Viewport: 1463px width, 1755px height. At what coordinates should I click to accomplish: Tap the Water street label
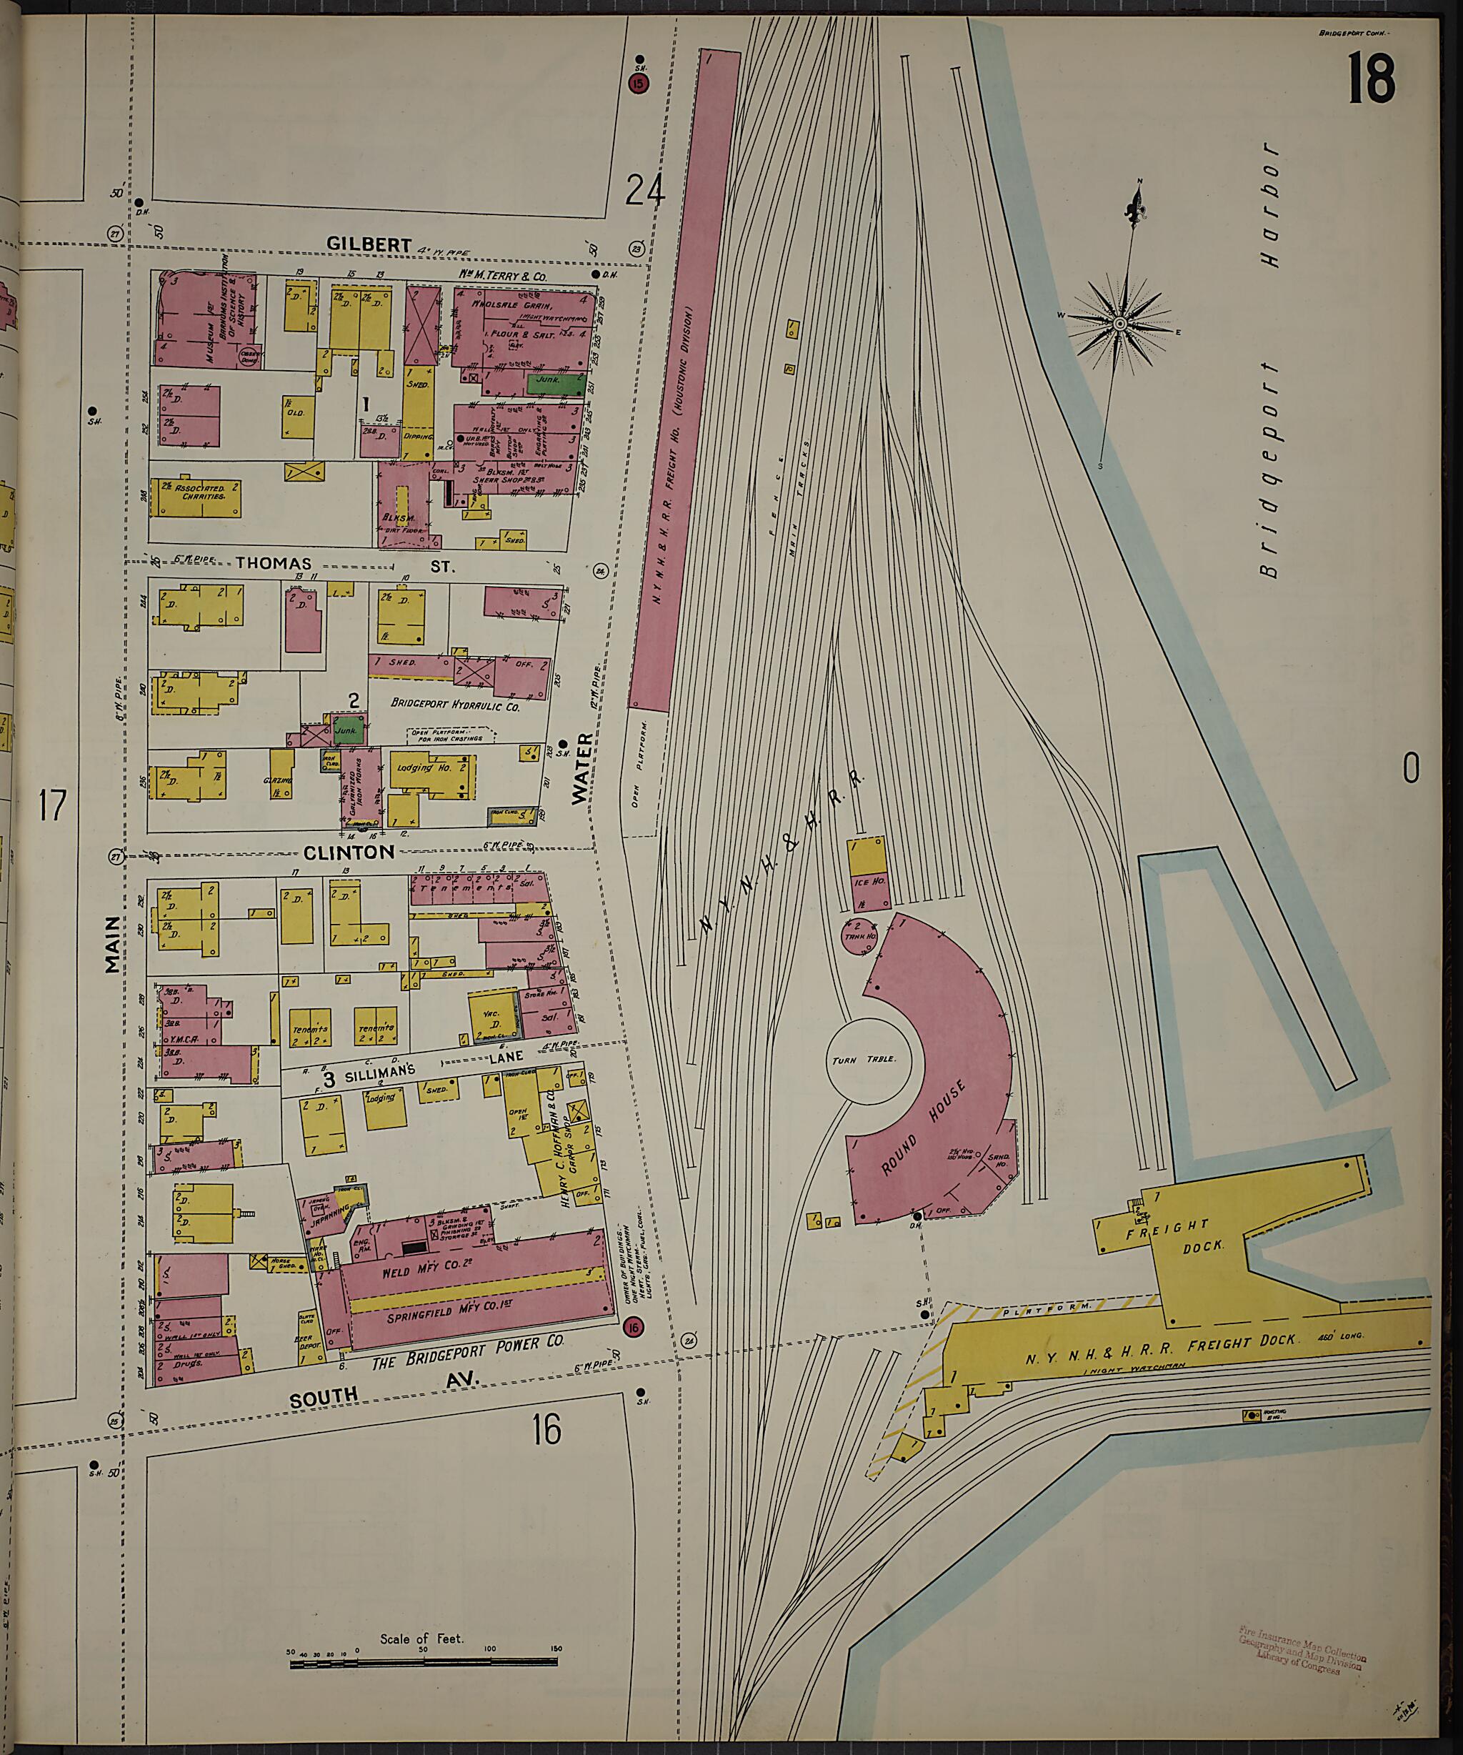pyautogui.click(x=582, y=768)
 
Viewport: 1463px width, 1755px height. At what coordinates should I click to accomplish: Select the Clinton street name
pyautogui.click(x=349, y=852)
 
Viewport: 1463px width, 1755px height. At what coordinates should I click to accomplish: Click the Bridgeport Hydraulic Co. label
pyautogui.click(x=454, y=705)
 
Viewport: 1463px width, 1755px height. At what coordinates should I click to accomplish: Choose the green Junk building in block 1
pyautogui.click(x=554, y=384)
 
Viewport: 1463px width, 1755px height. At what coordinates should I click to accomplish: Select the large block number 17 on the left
pyautogui.click(x=52, y=807)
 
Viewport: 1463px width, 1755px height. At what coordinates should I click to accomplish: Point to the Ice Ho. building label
pyautogui.click(x=868, y=882)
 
